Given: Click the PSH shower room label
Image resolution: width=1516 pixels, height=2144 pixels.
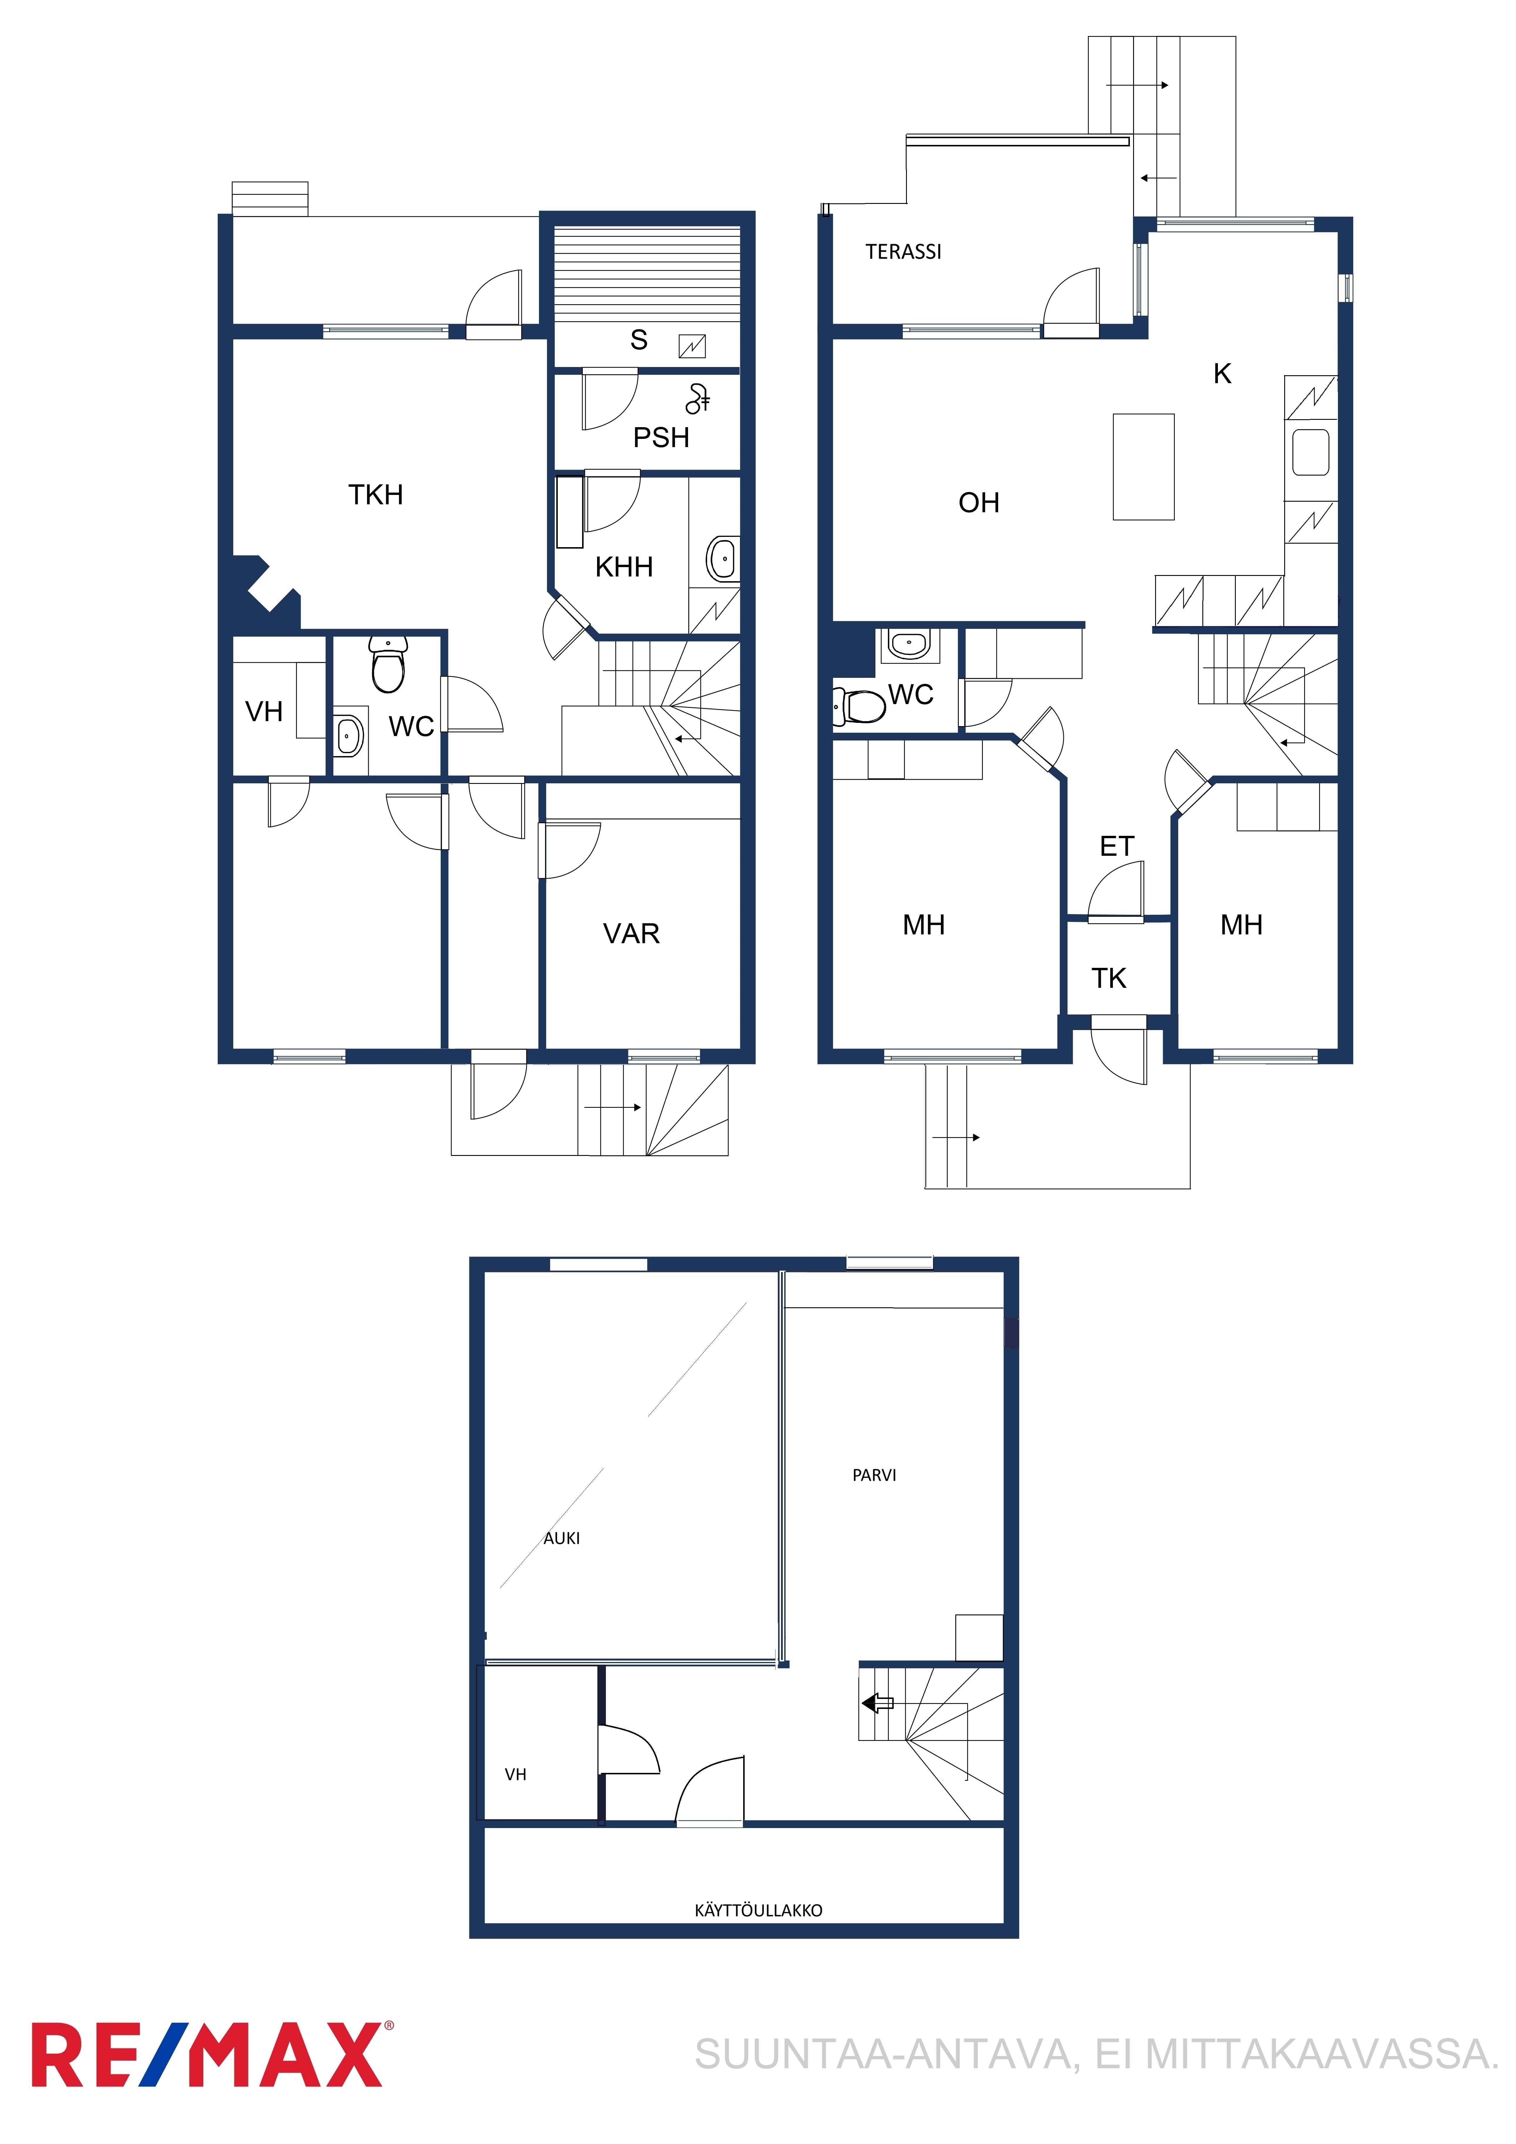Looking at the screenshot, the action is pyautogui.click(x=661, y=437).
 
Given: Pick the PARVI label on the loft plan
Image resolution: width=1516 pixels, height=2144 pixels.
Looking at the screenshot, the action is pyautogui.click(x=874, y=1475).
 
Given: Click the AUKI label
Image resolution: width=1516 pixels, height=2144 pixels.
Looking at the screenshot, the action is pyautogui.click(x=561, y=1538).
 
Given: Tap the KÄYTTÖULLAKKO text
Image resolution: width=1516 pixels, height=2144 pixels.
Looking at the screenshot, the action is pyautogui.click(x=758, y=1910).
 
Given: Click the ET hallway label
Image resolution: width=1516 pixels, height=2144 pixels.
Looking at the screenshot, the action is pyautogui.click(x=1117, y=846).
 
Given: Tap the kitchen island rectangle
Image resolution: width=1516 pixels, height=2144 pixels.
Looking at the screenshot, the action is pyautogui.click(x=1143, y=467).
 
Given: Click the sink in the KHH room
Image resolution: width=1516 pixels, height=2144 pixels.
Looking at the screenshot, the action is pyautogui.click(x=723, y=559).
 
